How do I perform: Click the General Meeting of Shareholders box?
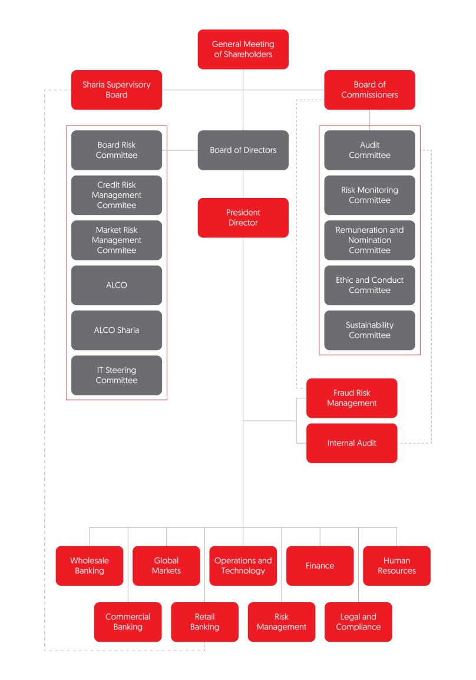coord(243,49)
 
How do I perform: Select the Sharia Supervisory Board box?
coord(117,90)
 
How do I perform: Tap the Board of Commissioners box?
coord(369,90)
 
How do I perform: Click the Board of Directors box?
coord(243,150)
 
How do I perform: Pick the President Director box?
coord(243,217)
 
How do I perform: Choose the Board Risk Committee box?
coord(117,150)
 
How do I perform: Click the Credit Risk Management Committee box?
coord(117,195)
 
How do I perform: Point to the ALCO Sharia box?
coord(117,330)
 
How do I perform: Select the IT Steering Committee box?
coord(117,375)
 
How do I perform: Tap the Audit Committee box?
coord(369,150)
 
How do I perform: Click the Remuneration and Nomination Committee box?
coord(369,240)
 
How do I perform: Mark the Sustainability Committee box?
coord(369,330)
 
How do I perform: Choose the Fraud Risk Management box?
coord(352,398)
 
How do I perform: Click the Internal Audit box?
coord(352,443)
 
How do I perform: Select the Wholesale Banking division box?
coord(90,566)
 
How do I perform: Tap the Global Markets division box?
coord(166,566)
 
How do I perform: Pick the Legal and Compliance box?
coord(358,622)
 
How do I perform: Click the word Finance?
coord(320,566)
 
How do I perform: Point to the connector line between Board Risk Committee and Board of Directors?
coord(180,150)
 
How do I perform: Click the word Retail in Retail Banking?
coord(205,617)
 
